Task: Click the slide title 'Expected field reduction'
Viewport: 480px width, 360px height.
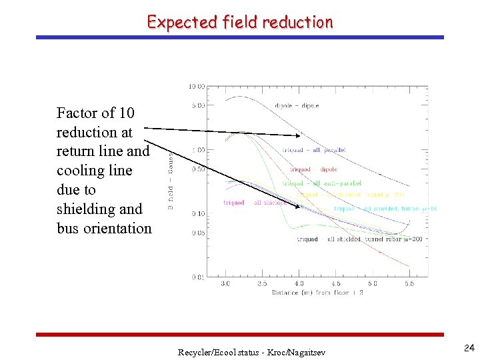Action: click(240, 22)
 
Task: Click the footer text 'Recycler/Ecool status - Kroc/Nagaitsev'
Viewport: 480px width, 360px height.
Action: click(251, 351)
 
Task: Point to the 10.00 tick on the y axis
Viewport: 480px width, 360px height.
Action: click(197, 87)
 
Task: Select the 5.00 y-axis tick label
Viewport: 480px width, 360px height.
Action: click(197, 105)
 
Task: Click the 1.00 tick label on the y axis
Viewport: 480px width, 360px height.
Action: click(197, 150)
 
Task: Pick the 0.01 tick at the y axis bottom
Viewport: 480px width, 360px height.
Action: click(197, 277)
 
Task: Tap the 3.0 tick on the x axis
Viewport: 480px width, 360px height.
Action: click(225, 283)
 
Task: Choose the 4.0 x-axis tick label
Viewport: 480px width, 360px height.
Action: click(299, 283)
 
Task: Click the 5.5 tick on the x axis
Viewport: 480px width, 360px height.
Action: click(409, 283)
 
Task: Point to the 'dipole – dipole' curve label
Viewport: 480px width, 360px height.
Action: click(297, 105)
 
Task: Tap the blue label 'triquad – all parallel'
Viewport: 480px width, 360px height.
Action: click(313, 150)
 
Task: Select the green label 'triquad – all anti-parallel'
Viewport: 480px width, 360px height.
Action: click(322, 183)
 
